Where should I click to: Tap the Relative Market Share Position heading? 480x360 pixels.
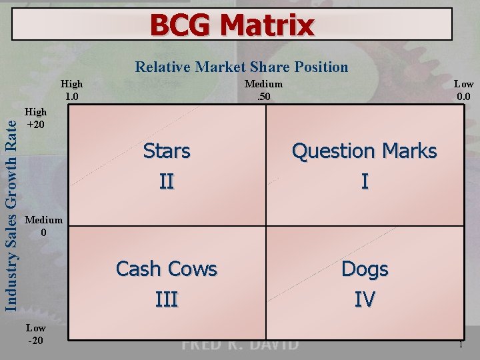coord(241,67)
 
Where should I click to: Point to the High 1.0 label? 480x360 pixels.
coord(71,89)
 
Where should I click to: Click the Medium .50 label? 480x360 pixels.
coord(263,89)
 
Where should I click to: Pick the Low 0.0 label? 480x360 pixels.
coord(463,89)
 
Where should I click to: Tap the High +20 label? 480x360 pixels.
coord(35,119)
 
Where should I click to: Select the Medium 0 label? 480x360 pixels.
coord(43,226)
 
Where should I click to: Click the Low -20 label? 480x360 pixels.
coord(35,334)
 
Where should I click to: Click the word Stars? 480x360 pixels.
coord(167,151)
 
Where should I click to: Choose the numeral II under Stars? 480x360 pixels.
coord(167,181)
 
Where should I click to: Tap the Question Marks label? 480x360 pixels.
coord(364,151)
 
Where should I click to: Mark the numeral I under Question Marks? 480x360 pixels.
coord(364,181)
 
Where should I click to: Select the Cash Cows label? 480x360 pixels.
coord(167,269)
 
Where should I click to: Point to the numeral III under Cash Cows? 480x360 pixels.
coord(167,299)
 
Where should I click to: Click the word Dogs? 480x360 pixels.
coord(364,269)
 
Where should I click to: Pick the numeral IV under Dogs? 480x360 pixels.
coord(364,299)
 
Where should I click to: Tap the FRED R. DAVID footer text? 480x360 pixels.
coord(240,345)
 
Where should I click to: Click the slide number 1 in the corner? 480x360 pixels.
coord(460,345)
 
